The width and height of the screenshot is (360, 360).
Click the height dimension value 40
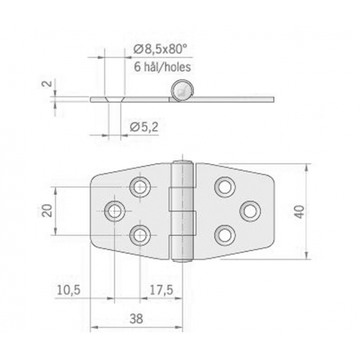(x=321, y=211)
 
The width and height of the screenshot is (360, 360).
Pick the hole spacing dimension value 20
(x=46, y=210)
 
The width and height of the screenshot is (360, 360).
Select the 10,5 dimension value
(x=69, y=291)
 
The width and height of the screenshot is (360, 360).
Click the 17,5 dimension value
(x=162, y=291)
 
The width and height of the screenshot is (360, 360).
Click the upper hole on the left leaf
(x=141, y=186)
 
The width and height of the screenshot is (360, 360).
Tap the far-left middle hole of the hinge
(x=115, y=211)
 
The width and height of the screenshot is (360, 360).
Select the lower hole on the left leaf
(x=141, y=234)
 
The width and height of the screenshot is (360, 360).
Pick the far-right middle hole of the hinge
(x=252, y=211)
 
